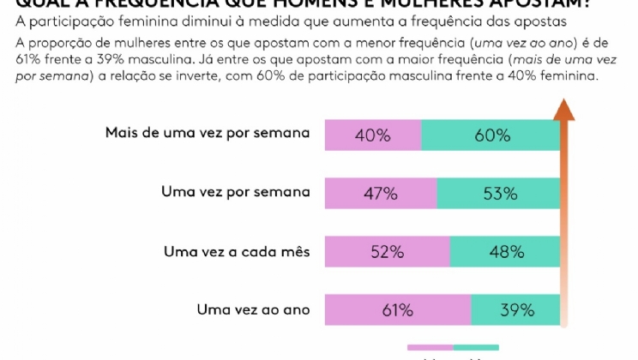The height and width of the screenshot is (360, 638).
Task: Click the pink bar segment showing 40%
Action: (373, 135)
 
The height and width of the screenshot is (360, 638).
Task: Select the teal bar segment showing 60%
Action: (491, 135)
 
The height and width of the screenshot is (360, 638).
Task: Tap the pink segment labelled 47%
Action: (381, 194)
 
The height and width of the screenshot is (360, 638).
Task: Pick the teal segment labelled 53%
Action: (498, 194)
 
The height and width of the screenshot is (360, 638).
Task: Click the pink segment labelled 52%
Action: (387, 252)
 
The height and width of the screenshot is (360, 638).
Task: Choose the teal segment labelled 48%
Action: (505, 252)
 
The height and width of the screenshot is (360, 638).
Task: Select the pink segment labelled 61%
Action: (398, 310)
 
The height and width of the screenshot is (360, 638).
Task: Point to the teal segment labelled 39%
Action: (515, 310)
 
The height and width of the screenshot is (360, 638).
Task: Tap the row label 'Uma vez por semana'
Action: (235, 192)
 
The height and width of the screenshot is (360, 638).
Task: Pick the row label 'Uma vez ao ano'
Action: (253, 309)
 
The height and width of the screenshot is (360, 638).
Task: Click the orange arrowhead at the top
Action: (563, 110)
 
